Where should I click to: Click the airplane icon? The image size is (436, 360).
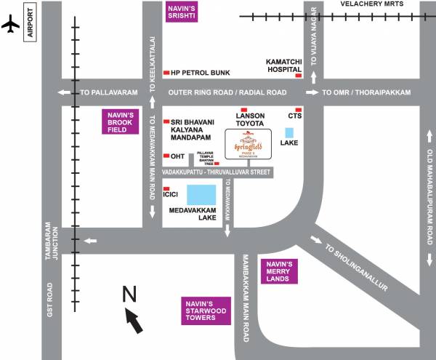tap(10, 24)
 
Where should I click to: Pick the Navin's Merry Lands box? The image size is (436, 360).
tap(279, 271)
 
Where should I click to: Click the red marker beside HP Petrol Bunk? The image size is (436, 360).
tap(166, 73)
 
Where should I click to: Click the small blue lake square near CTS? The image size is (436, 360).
tap(289, 134)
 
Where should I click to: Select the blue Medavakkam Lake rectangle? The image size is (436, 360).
tap(201, 195)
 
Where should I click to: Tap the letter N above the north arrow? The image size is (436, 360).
tap(129, 295)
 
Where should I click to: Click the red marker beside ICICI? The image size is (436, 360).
tap(166, 188)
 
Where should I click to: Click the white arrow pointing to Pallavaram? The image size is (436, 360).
tap(65, 92)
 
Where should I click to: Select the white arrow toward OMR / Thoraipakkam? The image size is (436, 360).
tap(312, 92)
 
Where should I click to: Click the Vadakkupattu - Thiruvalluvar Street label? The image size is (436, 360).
tap(216, 172)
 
